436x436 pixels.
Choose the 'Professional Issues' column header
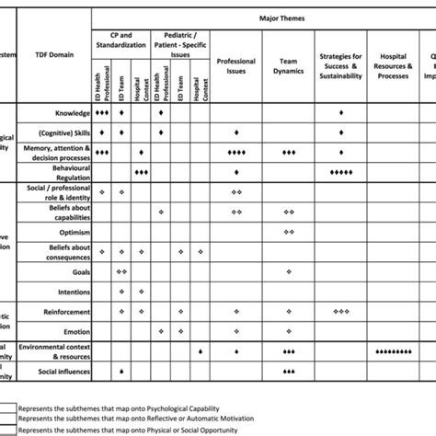[x=236, y=66]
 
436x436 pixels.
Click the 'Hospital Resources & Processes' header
[x=393, y=66]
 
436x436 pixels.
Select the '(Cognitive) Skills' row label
[x=63, y=133]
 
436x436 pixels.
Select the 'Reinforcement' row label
[x=64, y=312]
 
